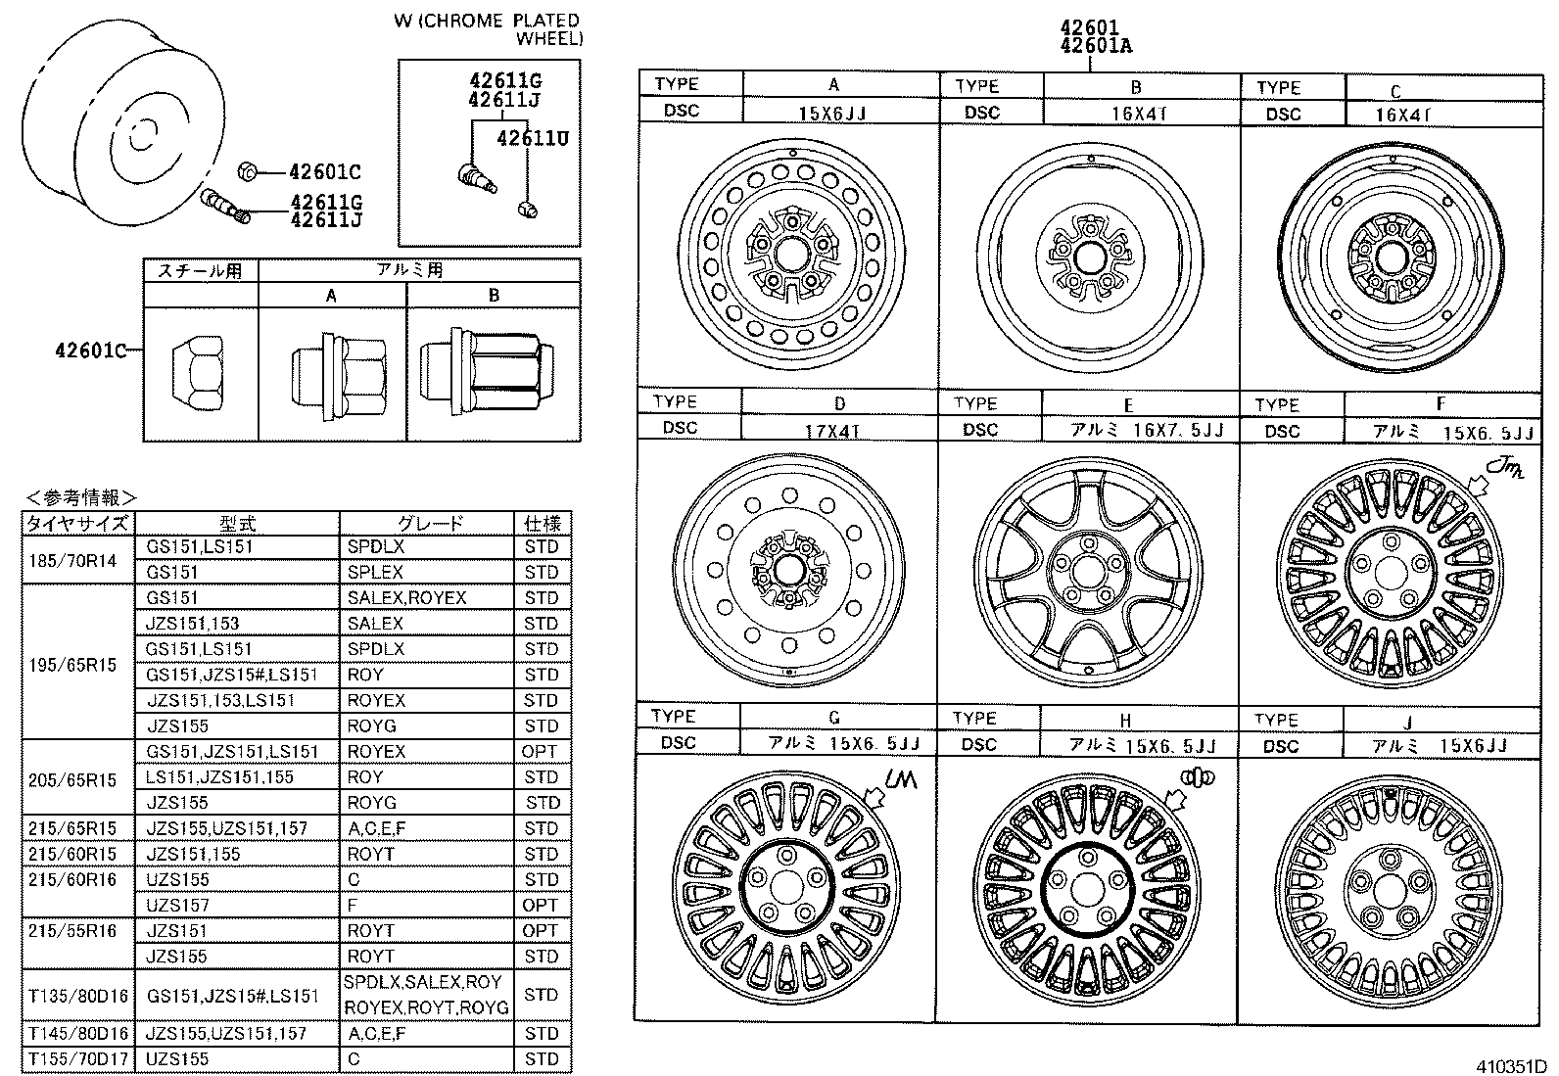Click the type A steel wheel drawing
(788, 254)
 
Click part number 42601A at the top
(1096, 46)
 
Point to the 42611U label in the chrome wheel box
(532, 138)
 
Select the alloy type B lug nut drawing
(479, 376)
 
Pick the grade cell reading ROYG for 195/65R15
(371, 726)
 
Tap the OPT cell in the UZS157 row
(541, 906)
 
